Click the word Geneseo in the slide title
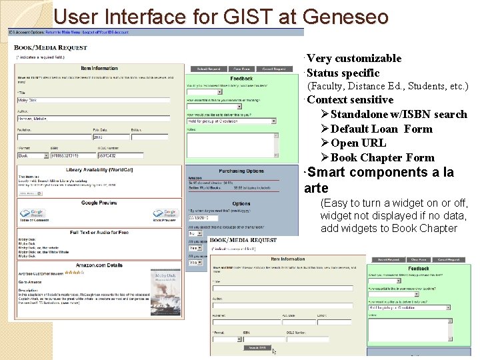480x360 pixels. click(345, 16)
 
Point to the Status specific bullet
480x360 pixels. click(343, 73)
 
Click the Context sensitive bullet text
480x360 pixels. click(350, 100)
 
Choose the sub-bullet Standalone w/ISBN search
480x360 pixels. click(398, 115)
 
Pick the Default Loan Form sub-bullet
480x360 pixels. click(381, 129)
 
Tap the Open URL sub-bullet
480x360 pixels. click(358, 143)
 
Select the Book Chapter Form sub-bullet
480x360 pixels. click(382, 158)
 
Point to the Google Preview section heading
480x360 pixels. click(99, 203)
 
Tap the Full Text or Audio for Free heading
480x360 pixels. click(99, 232)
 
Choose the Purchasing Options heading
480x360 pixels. click(241, 171)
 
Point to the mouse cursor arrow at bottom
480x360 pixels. click(274, 351)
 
